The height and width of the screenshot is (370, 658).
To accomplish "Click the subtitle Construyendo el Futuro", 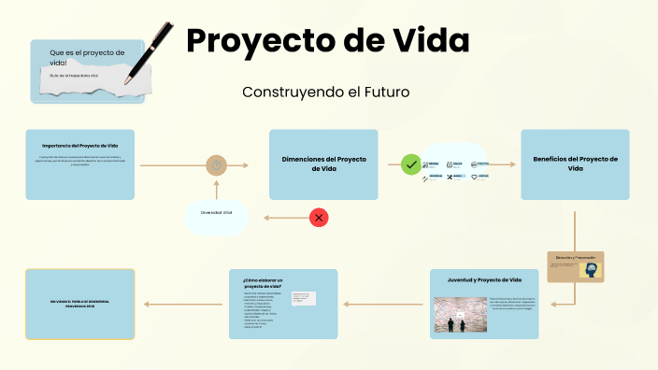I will tap(325, 92).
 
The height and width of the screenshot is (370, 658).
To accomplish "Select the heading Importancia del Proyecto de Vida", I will tap(80, 146).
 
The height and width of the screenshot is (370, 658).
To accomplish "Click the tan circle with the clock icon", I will tap(217, 165).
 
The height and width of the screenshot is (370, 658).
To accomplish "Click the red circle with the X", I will tap(319, 218).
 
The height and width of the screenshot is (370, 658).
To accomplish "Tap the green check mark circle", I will tap(410, 165).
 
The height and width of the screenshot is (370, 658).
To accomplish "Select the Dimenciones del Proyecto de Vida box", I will tap(323, 164).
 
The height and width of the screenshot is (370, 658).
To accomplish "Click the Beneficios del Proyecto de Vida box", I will tap(575, 164).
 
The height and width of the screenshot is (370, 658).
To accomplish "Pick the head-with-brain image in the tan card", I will tap(590, 269).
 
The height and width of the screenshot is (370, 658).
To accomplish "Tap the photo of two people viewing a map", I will tap(456, 316).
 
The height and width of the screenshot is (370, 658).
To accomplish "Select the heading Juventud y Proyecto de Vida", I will tap(485, 280).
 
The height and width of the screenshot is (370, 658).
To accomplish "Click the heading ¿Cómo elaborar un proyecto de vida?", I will tap(262, 283).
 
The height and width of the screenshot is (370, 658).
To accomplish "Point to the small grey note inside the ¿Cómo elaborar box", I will tap(304, 298).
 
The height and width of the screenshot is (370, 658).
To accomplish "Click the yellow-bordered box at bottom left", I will tap(80, 304).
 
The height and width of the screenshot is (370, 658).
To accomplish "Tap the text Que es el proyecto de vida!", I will tap(87, 57).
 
